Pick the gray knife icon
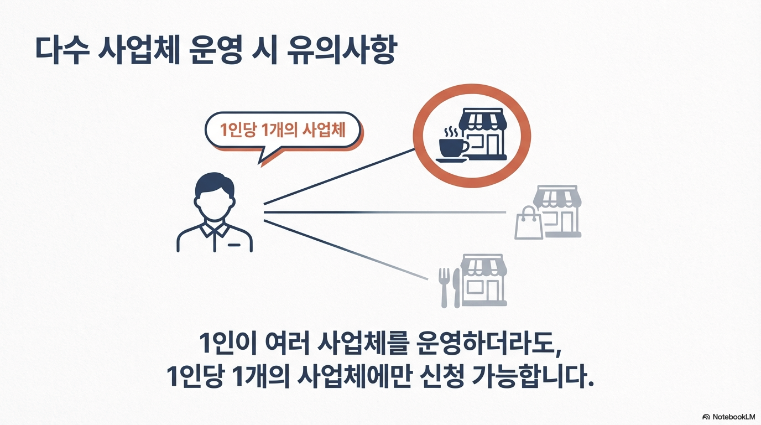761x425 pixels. pos(456,287)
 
